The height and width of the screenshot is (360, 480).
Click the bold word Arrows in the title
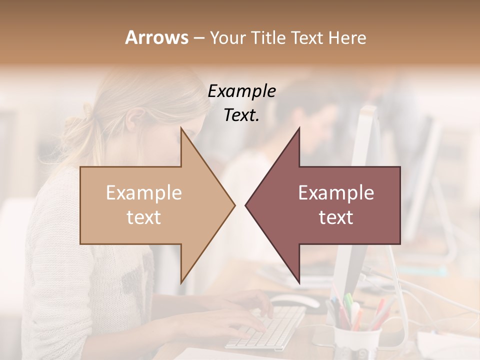156,37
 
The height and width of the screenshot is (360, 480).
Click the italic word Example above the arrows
241,91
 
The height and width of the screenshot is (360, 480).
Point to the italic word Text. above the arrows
241,115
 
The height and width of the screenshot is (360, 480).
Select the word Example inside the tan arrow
144,193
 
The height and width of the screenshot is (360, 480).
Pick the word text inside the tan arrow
144,217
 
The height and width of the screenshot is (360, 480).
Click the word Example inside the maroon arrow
336,193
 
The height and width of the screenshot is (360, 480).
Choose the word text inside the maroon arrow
336,217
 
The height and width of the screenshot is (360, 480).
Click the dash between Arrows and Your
198,38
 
